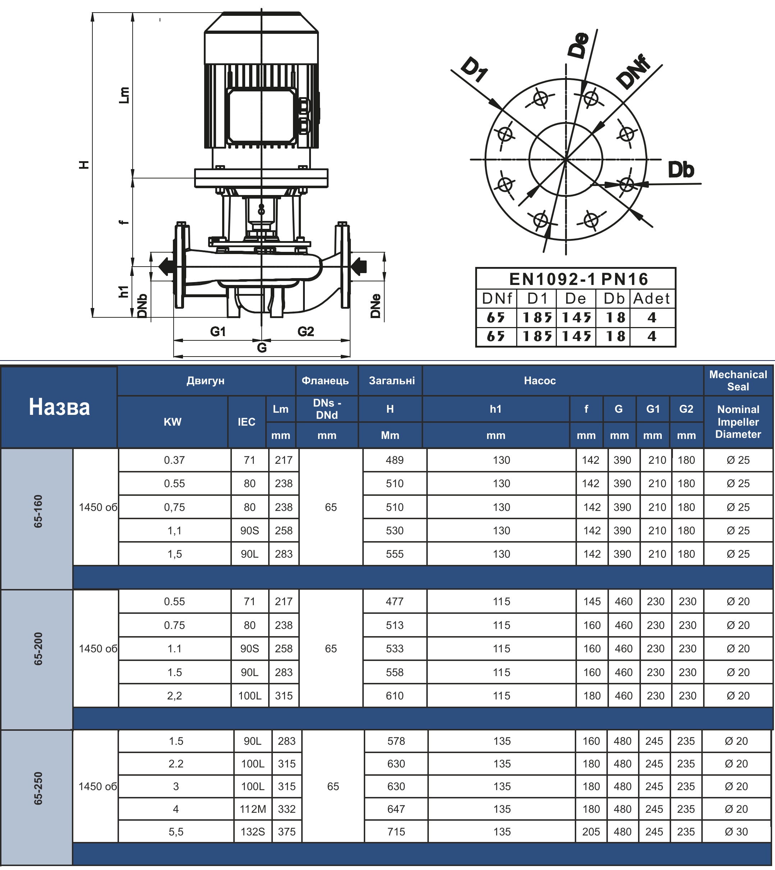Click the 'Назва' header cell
tap(59, 407)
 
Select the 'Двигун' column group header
tap(205, 381)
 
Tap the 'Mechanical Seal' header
tap(738, 381)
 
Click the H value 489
tap(395, 460)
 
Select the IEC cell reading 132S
tap(253, 832)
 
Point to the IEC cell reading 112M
tap(253, 809)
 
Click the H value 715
tap(396, 832)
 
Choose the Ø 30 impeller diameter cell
tap(736, 832)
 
